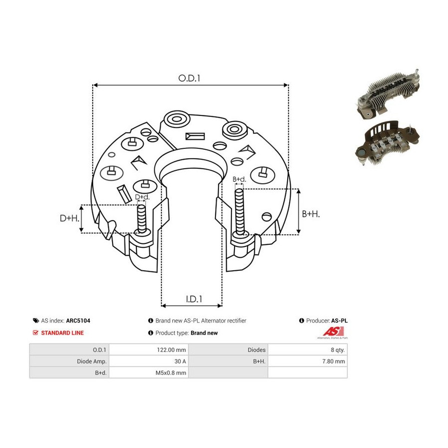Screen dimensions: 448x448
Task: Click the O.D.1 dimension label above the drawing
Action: click(189, 78)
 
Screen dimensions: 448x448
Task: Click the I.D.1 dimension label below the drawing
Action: click(194, 299)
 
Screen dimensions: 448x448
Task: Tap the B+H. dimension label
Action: click(311, 214)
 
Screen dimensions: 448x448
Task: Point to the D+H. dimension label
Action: click(69, 219)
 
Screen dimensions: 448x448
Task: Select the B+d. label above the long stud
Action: click(239, 179)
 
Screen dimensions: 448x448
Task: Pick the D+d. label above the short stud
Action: click(142, 197)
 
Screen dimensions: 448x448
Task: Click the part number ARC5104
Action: click(78, 321)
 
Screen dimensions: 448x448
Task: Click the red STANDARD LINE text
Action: click(62, 333)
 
